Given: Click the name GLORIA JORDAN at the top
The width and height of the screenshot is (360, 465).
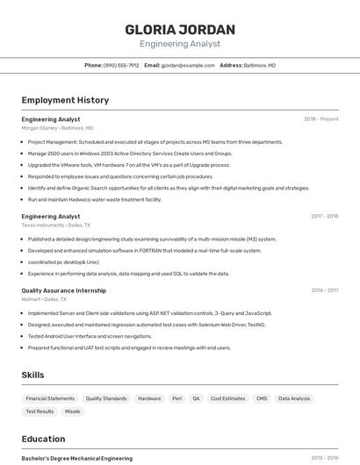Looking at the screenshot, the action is point(179,29).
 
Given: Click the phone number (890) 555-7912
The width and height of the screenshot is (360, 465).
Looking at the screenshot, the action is point(121,65).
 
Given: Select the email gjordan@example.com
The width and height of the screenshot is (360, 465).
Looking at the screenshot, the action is point(188,65).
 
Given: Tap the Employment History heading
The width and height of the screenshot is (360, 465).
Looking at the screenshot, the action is point(65,100).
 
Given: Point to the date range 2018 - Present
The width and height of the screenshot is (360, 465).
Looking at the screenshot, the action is point(321,119).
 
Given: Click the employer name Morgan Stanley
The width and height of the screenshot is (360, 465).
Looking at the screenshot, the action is point(40,127).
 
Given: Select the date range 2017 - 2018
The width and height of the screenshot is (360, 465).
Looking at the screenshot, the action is point(324,216).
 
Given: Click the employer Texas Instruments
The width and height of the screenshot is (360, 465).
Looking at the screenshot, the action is point(43,225).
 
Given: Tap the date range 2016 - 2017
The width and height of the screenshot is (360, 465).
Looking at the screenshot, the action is point(324,290).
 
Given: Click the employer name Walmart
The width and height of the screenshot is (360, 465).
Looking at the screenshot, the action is point(31,299).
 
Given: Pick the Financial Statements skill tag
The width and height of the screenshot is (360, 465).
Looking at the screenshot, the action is point(49,398).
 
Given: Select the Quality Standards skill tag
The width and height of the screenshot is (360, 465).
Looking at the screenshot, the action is point(106,398).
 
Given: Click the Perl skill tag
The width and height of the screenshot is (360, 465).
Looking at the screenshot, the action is point(176,398).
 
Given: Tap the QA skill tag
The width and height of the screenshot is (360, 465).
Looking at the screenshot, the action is point(196,398).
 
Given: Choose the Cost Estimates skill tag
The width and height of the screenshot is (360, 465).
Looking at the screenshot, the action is point(227,398).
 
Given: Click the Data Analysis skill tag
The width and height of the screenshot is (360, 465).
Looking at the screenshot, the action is point(294,398).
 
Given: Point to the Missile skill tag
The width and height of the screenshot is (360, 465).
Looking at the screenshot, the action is point(72,411).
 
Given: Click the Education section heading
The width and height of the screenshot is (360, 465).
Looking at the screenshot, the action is point(43,439).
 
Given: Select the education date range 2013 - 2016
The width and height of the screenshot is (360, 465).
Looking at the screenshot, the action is point(324,458).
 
